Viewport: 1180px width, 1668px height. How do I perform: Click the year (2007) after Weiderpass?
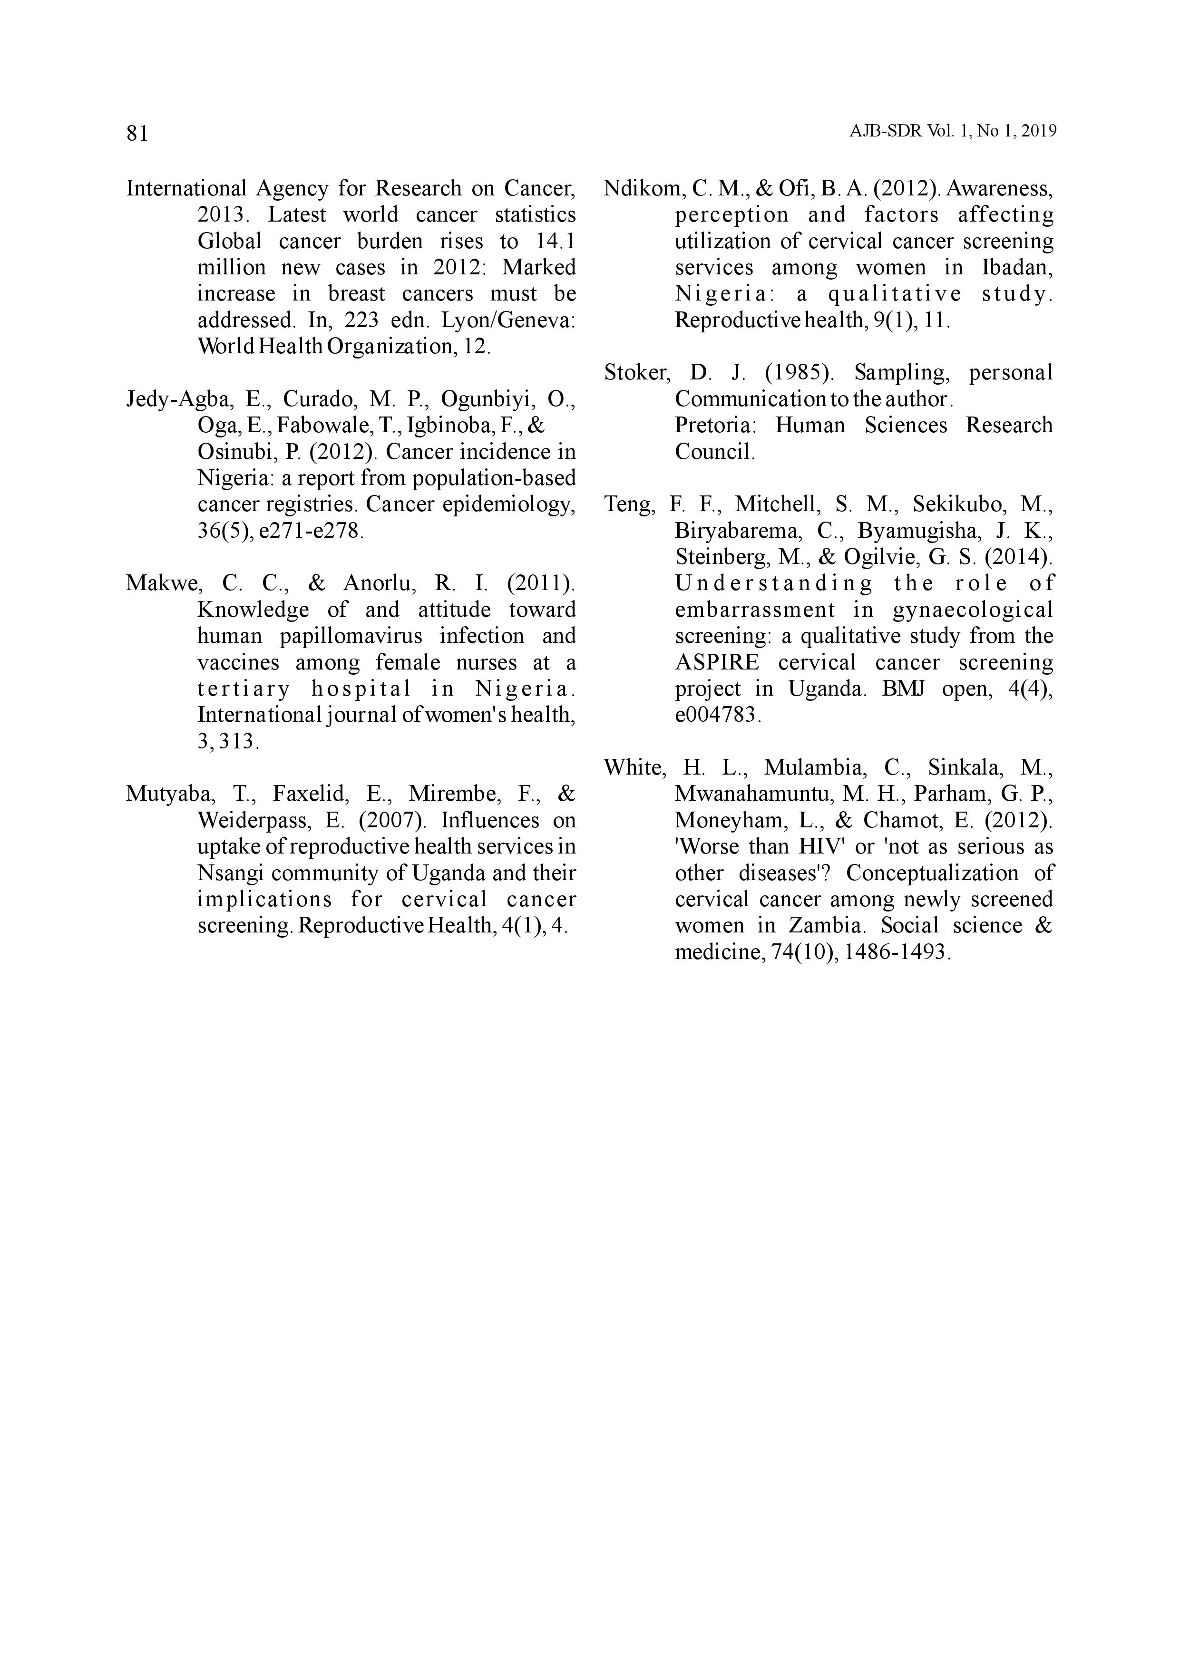(x=392, y=820)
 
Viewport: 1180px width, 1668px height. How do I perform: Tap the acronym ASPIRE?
(x=716, y=662)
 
